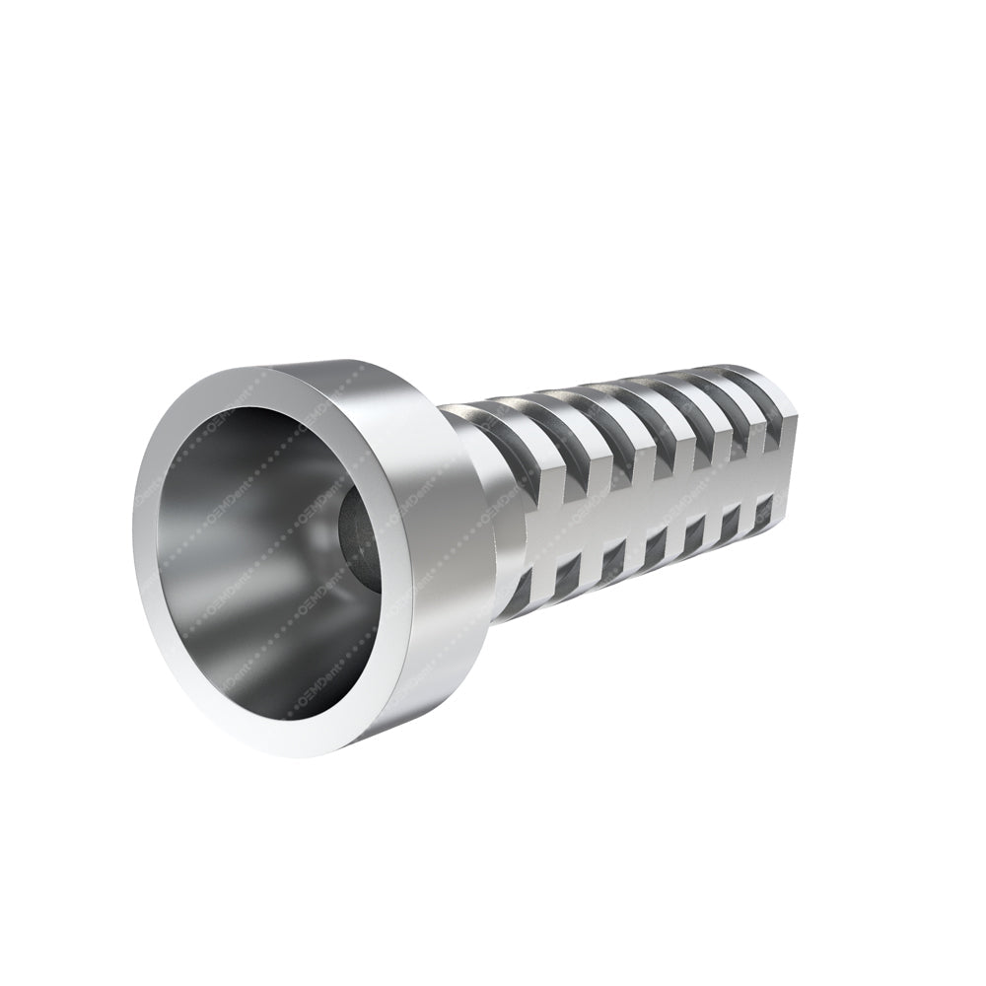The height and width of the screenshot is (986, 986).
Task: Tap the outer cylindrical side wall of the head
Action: (439, 552)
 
